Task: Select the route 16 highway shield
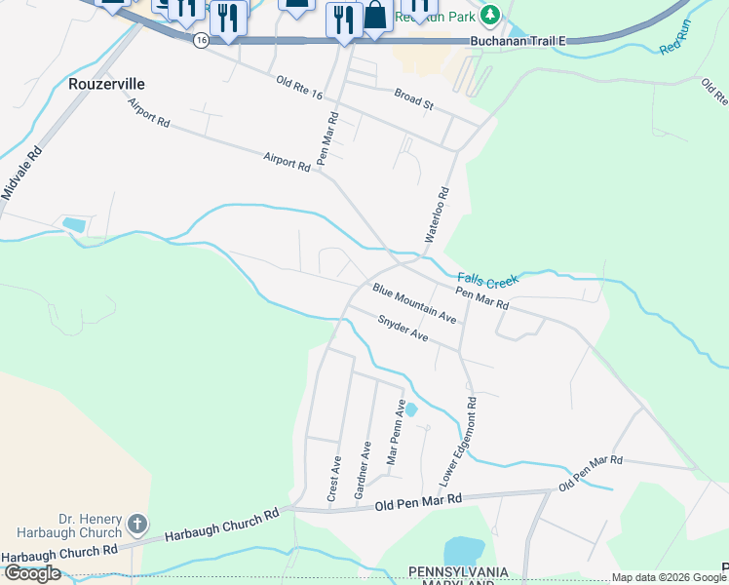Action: click(201, 40)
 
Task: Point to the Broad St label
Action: click(413, 96)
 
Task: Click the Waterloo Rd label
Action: click(436, 214)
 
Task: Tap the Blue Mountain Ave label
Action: click(413, 303)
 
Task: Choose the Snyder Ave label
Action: click(403, 328)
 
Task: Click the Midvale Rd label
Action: click(22, 173)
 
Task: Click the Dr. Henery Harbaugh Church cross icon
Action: click(137, 525)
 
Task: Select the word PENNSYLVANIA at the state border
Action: click(459, 570)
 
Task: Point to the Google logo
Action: click(32, 573)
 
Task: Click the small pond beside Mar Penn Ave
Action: click(410, 409)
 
